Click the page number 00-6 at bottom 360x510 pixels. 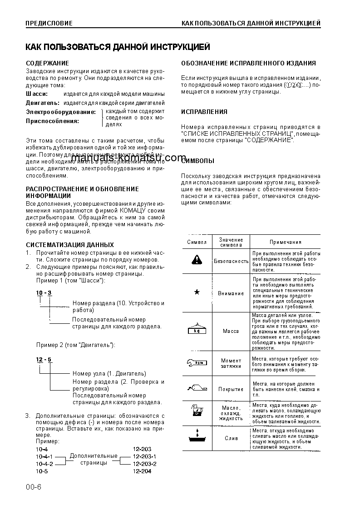tap(33, 487)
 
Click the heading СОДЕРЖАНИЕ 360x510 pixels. tap(47, 63)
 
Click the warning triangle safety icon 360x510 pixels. tap(197, 260)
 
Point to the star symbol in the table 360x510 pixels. tap(197, 292)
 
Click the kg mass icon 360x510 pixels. tap(197, 330)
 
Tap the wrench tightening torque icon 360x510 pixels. tap(197, 362)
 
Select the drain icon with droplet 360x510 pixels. tap(197, 437)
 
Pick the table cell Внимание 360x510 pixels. tap(231, 293)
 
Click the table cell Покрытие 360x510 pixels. tap(231, 389)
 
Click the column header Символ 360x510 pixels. tap(197, 242)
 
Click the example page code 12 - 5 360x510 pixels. tap(44, 360)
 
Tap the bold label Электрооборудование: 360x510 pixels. tap(61, 112)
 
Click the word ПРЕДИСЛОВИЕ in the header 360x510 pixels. tap(49, 23)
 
